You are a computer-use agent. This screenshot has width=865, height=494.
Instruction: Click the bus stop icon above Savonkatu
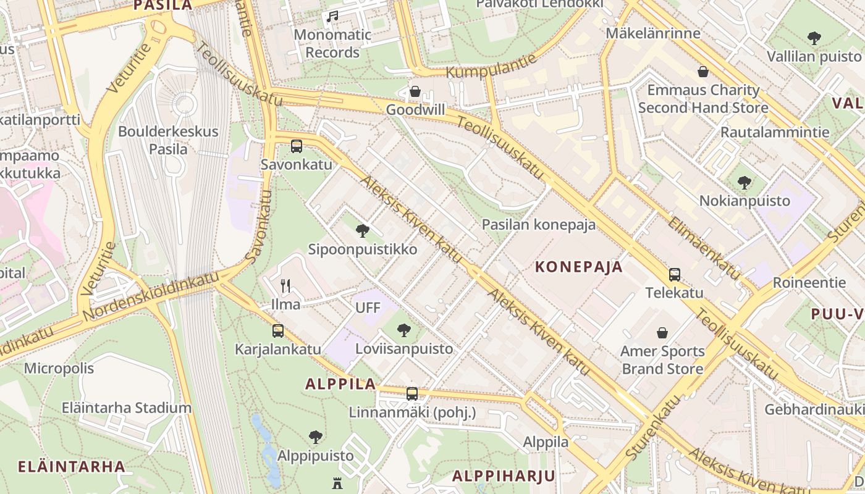coord(297,146)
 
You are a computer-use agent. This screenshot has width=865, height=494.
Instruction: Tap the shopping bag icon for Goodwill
coord(415,91)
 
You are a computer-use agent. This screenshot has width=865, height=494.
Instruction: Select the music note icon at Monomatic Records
coord(332,17)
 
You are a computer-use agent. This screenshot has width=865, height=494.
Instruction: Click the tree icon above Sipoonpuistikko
coord(363,231)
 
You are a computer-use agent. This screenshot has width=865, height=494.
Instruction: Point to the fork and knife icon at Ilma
coord(285,285)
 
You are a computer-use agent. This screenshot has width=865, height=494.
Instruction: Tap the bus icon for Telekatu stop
coord(675,274)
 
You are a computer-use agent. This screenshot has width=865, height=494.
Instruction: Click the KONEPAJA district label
coord(578,267)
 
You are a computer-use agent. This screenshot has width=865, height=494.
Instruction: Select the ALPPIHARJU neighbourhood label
coord(504,476)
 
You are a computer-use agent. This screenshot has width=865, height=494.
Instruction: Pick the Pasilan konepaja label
coord(539,224)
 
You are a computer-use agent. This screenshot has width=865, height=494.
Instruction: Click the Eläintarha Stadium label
coord(127,408)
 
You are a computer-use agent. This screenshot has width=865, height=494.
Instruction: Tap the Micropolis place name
coord(59,369)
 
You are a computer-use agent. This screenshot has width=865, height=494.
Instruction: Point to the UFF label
coord(368,308)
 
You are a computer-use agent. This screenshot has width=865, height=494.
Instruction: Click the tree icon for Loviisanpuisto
coord(404,330)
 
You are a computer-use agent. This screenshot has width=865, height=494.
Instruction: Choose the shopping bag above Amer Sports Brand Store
coord(662,333)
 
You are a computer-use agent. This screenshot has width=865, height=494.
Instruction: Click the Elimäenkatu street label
coord(703,247)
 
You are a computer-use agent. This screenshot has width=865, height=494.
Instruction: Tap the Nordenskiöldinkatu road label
coord(151,296)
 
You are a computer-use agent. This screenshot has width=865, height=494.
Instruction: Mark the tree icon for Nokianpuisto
coord(745,183)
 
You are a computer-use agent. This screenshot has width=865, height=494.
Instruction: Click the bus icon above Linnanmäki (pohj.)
coord(412,393)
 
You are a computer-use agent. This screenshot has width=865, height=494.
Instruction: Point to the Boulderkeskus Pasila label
coord(168,140)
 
